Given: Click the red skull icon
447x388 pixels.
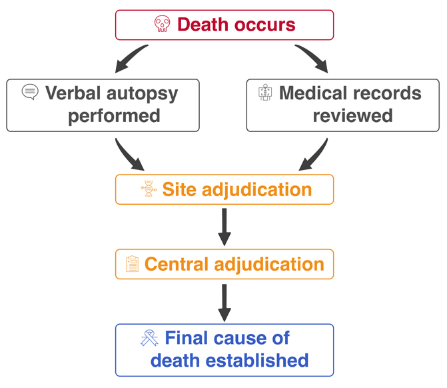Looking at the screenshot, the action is (162, 24).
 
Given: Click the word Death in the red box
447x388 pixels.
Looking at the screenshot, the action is (203, 25).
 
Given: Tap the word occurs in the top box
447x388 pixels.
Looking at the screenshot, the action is (265, 25).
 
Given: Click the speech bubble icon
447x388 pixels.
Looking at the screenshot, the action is (30, 91).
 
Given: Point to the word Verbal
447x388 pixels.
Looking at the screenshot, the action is (73, 93).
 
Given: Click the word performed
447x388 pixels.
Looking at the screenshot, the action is (114, 117).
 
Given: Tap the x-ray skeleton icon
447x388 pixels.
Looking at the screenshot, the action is (265, 92).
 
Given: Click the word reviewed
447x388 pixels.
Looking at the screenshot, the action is (352, 116).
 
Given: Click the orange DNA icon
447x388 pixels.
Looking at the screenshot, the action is (149, 189).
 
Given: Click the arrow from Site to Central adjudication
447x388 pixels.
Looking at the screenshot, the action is (224, 227).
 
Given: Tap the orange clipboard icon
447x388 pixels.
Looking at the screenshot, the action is (133, 264).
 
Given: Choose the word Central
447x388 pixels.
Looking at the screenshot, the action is (177, 264).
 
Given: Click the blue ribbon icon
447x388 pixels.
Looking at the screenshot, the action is (149, 338).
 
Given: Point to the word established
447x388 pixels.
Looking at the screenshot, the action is (257, 360).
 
